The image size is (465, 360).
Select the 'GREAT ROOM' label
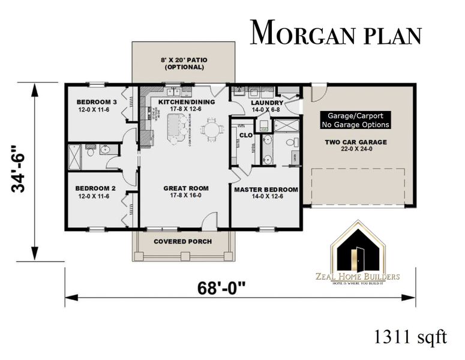pos(184,188)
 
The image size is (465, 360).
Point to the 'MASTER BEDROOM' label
pos(266,190)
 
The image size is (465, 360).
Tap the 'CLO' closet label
pos(245,135)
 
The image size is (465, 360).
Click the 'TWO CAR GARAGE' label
pos(356,142)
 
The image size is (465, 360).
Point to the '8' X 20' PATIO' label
pos(183,63)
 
